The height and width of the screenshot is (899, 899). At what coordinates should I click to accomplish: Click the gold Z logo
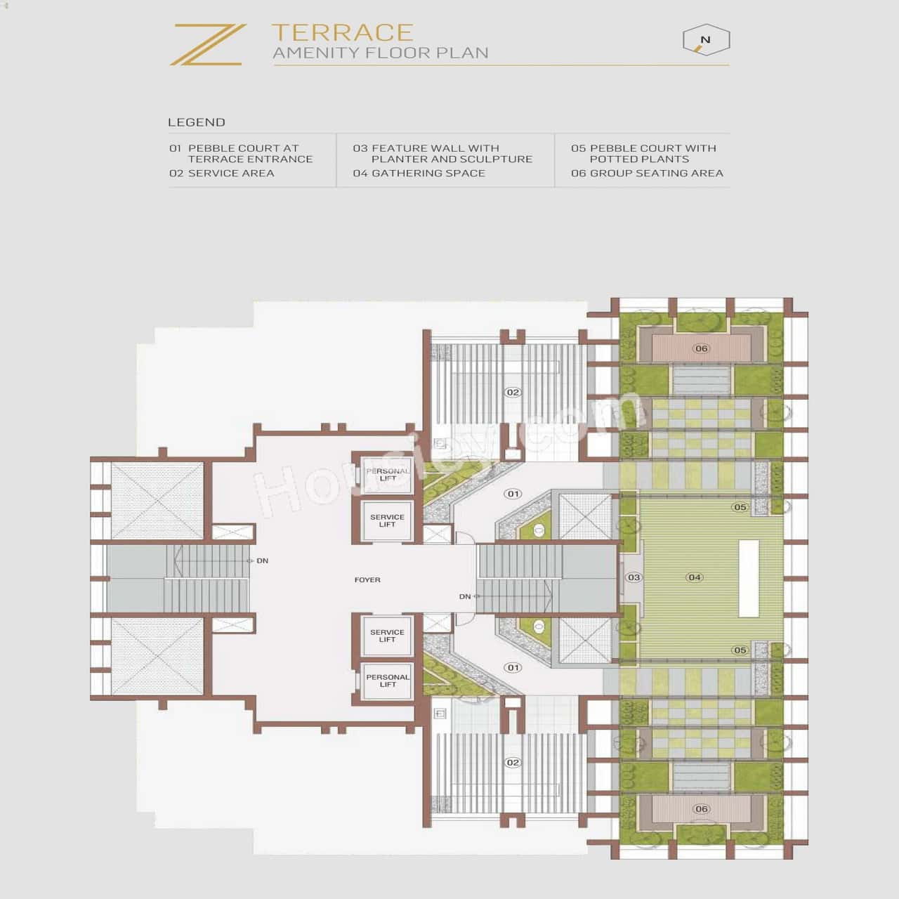click(208, 44)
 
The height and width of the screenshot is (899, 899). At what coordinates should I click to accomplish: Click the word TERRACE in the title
click(342, 32)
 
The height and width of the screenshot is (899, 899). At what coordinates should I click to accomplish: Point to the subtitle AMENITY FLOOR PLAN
click(380, 53)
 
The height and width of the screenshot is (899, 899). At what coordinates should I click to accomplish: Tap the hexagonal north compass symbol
click(706, 41)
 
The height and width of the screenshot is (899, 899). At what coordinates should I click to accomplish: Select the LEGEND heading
click(197, 122)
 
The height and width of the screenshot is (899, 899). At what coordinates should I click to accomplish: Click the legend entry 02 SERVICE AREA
click(221, 173)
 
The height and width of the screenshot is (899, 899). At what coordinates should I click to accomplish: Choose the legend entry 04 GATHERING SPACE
click(419, 173)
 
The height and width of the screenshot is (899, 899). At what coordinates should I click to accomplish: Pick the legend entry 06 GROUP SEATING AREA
click(647, 173)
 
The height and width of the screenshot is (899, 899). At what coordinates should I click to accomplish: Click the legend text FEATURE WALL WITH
click(435, 148)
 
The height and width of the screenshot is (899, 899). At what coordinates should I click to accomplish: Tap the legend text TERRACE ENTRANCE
click(250, 159)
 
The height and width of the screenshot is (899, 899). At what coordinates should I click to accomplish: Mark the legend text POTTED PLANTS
click(639, 159)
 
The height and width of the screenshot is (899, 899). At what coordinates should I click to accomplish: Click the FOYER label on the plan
click(367, 580)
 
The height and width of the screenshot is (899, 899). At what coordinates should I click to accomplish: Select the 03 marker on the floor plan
click(634, 577)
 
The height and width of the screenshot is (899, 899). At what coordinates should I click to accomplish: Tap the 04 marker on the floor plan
click(695, 577)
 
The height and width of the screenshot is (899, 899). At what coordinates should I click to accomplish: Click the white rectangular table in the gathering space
click(749, 578)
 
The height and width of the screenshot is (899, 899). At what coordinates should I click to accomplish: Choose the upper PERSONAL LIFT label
click(388, 475)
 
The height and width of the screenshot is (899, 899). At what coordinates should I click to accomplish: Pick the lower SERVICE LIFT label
click(387, 636)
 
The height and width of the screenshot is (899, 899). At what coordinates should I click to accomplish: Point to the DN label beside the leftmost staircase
click(262, 560)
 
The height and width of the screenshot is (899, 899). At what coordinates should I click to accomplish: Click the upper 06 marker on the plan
click(701, 348)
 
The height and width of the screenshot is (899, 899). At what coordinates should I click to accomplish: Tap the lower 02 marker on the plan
click(513, 762)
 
